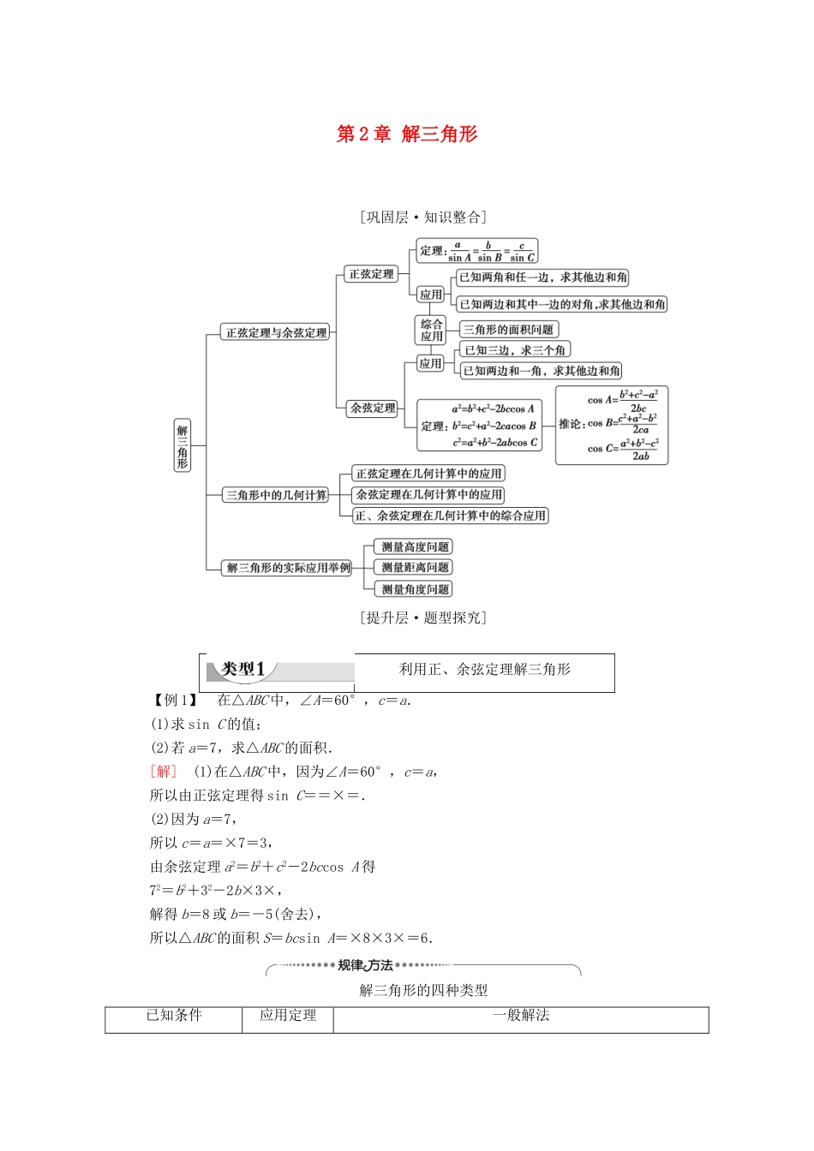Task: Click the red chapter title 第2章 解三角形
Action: (x=407, y=134)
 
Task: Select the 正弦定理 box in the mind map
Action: (x=371, y=274)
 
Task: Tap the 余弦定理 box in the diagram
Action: (x=373, y=408)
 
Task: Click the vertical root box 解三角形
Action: (x=182, y=445)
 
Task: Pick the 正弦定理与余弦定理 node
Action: (x=276, y=332)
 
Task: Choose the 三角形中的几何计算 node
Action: (x=276, y=495)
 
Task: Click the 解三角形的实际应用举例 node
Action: (x=289, y=567)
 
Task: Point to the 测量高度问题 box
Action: (x=415, y=546)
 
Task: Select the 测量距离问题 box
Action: (x=415, y=567)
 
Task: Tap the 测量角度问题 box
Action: (x=415, y=589)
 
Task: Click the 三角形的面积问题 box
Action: (x=508, y=329)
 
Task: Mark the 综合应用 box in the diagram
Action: (x=431, y=330)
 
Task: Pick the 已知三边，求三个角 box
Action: (x=514, y=349)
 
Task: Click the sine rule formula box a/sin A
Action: (x=477, y=251)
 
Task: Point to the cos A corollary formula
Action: (x=623, y=400)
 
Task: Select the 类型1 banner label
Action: (x=243, y=669)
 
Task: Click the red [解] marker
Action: (x=163, y=772)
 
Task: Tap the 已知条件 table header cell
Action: (x=174, y=1016)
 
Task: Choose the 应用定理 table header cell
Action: (x=288, y=1016)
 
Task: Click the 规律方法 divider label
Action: (x=365, y=965)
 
